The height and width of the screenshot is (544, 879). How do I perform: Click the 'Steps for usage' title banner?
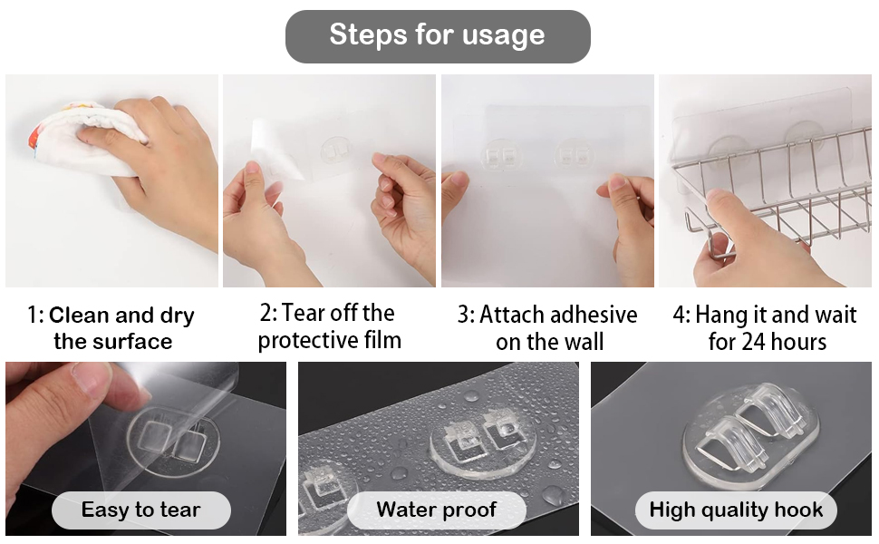tap(438, 36)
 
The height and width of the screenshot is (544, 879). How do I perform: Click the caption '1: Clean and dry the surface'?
tap(111, 328)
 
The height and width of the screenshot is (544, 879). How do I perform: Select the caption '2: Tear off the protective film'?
tap(329, 326)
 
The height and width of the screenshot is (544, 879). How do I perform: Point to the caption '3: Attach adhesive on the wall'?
tap(547, 328)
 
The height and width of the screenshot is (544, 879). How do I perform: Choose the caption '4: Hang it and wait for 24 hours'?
tap(765, 328)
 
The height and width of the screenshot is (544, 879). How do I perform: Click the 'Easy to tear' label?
tap(140, 510)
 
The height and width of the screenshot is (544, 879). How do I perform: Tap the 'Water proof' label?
tap(436, 510)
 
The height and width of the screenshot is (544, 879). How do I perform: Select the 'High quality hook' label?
tap(736, 510)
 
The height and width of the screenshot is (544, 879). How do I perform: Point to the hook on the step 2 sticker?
tap(336, 151)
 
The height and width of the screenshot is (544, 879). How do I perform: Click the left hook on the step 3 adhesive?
tap(500, 155)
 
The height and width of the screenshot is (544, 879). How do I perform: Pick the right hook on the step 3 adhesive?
tap(575, 155)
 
